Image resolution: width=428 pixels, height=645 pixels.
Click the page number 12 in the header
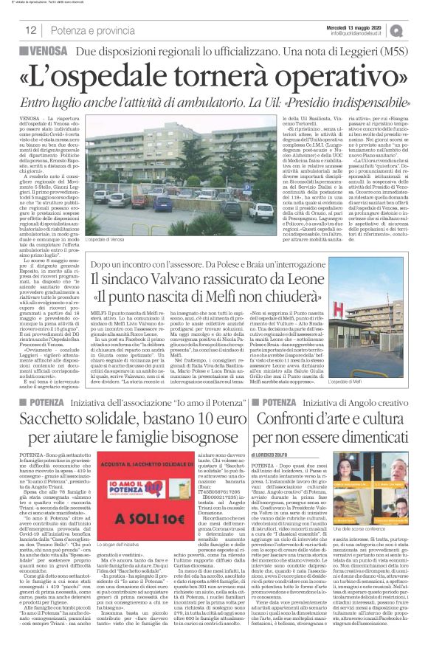click(x=31, y=30)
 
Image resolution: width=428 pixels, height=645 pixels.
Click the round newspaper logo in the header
click(x=417, y=30)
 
